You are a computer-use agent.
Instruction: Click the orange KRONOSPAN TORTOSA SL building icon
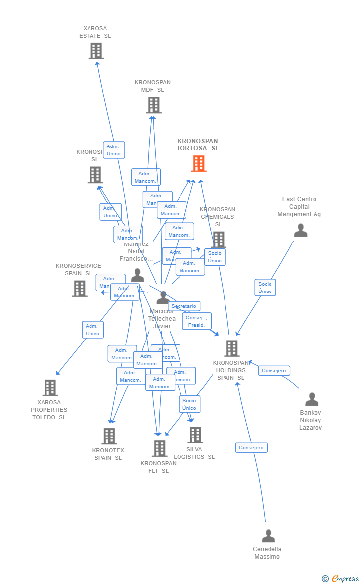pos(199,164)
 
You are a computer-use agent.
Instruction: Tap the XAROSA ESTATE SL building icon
pos(96,50)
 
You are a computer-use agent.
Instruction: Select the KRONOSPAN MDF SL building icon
pos(154,105)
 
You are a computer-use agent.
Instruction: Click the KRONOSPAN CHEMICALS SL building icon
pos(219,240)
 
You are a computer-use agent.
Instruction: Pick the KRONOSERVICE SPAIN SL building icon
pos(80,289)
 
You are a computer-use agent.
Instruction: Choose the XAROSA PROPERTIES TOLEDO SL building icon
pos(50,388)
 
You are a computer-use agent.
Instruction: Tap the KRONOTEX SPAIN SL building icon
pos(109,436)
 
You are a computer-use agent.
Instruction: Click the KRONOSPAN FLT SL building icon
pos(159,448)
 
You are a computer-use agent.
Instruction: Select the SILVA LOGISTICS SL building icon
pos(195,435)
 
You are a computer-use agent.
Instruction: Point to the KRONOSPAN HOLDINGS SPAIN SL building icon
pos(231,348)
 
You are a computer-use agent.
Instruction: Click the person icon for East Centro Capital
pos(300,231)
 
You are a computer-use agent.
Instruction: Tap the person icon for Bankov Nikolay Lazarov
pos(312,399)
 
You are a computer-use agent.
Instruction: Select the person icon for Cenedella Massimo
pos(268,536)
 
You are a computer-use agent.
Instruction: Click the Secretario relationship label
pos(184,306)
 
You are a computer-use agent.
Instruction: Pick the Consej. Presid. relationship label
pos(197,321)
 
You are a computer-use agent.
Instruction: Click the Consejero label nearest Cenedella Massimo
pos(251,448)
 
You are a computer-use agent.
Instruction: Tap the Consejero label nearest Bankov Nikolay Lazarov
pos(274,370)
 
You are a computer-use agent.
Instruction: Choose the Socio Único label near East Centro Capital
pos(265,288)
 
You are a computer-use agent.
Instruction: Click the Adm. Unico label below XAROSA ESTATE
pos(114,150)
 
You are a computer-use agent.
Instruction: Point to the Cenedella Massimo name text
pos(267,553)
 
